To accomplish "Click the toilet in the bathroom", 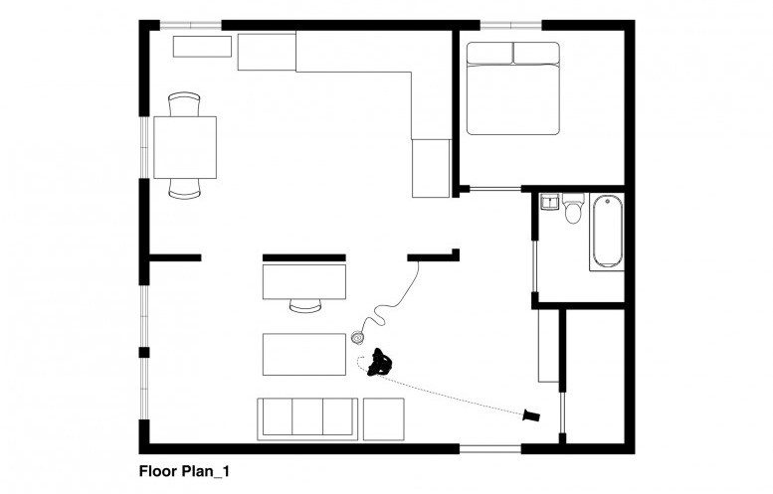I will coord(572,212).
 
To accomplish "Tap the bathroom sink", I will coord(548,203).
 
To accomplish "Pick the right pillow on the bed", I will coord(535,54).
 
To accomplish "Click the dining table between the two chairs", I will coord(185,147).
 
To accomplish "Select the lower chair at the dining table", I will coord(185,188).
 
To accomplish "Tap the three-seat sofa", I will coord(307,418).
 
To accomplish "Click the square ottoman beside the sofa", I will coord(383,418).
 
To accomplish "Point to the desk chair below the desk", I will coord(304,304).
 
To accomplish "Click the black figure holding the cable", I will coord(378,364).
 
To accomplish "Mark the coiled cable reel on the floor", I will coord(360,339).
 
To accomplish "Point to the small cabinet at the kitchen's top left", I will coord(202,46).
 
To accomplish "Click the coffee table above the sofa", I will coord(303,354).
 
